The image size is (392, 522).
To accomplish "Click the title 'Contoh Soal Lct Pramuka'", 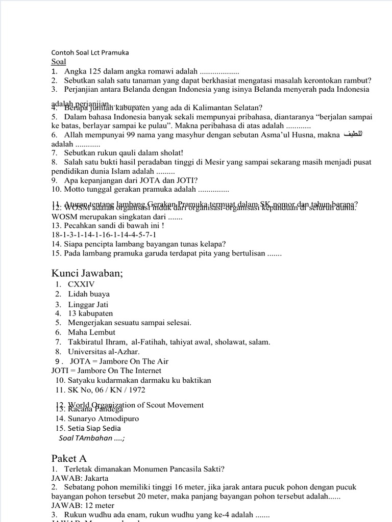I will coord(90,53).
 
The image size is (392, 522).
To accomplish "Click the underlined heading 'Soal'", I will coord(59,62).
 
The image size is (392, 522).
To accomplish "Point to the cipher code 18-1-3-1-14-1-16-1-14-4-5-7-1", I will coord(104,234).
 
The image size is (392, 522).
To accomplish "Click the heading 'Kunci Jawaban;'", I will coord(87,273).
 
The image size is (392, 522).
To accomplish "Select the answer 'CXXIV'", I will coord(82,284).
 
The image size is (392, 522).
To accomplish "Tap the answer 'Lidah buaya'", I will coord(89,294).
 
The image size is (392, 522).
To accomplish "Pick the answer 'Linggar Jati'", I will coord(88,304).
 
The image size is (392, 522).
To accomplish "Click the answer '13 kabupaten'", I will coord(90,313).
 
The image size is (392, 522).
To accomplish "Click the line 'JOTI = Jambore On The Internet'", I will coord(106,371).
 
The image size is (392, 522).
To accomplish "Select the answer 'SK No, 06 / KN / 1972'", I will coord(106,390).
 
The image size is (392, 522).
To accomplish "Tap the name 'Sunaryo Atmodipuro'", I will coord(103,419).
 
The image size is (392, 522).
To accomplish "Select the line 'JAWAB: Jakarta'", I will coord(80,478).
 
